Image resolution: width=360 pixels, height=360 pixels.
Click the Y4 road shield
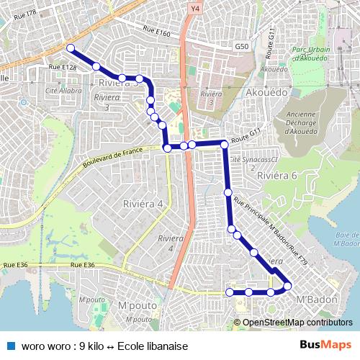(x=194, y=9)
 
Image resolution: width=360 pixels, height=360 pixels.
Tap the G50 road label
(x=241, y=46)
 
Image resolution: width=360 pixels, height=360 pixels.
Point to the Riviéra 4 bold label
(x=143, y=204)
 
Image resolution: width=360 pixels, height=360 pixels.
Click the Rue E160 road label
(x=156, y=32)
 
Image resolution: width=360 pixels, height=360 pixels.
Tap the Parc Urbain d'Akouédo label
(x=309, y=54)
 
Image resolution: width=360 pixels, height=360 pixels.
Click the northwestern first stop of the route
(x=71, y=48)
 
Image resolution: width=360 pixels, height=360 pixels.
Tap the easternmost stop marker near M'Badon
(x=287, y=287)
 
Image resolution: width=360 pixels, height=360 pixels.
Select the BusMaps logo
(x=321, y=346)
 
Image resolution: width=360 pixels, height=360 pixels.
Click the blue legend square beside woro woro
(x=11, y=346)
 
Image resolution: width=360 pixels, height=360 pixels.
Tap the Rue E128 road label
(x=63, y=68)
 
